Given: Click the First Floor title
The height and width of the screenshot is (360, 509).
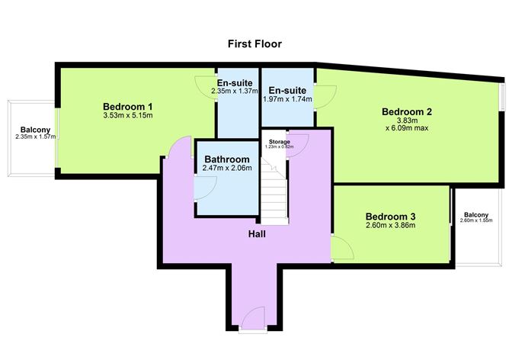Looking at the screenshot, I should point(254,43).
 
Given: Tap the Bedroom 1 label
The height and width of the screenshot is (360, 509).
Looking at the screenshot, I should point(129,106).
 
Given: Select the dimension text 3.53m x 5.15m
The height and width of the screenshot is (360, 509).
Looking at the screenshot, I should point(129,116).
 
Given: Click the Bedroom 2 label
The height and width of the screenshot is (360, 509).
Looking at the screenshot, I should point(407,112).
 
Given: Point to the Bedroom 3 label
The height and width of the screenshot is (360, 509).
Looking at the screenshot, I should point(389,216).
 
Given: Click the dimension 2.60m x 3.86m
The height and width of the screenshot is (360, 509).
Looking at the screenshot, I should point(389,226).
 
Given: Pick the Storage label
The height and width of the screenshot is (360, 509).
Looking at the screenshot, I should point(277,140).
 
